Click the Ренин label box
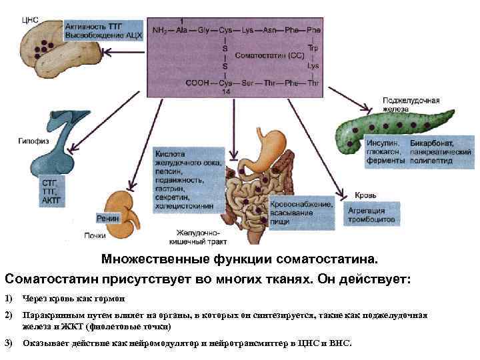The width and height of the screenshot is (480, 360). point(109,218)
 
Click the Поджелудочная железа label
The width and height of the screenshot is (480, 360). point(411,104)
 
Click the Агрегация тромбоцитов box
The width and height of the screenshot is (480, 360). point(371,214)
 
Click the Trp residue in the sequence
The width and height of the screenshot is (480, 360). point(313,47)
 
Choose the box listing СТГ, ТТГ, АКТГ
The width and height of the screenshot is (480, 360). point(52,191)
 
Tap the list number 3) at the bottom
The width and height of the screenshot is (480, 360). point(9,343)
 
